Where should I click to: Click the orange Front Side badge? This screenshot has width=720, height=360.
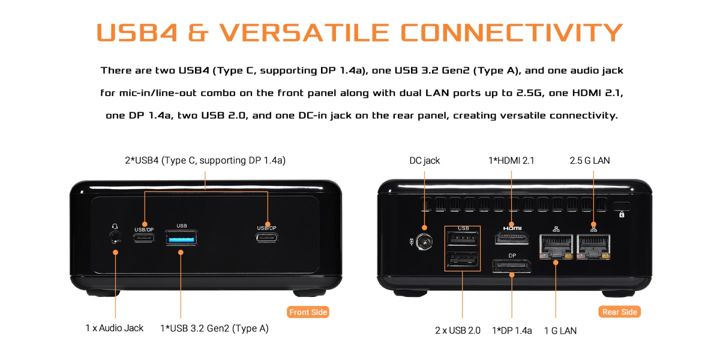click(308, 312)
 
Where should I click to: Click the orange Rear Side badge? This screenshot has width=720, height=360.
click(619, 312)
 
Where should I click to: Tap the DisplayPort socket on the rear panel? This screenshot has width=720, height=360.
click(511, 265)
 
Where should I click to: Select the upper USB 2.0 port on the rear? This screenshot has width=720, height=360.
click(462, 239)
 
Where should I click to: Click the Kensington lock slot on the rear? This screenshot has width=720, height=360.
click(621, 205)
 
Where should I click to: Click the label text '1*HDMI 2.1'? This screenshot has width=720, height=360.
click(511, 160)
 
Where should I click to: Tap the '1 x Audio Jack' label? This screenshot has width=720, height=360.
click(114, 328)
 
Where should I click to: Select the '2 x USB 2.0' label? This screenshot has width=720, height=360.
click(457, 330)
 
